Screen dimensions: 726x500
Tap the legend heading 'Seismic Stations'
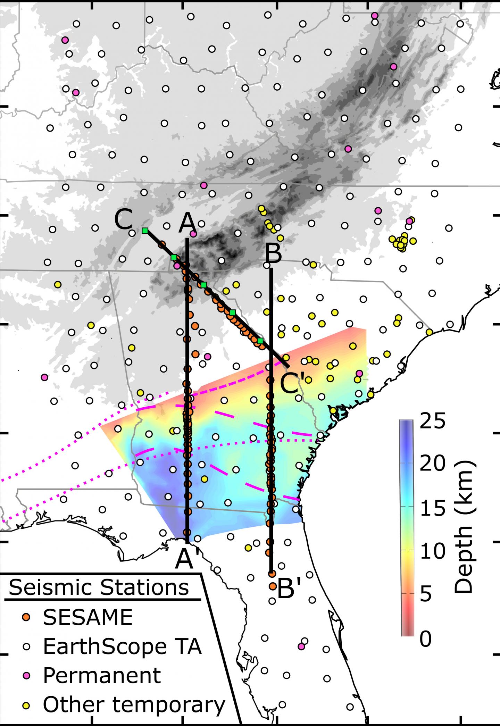pyautogui.click(x=99, y=587)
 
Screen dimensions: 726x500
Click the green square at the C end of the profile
pyautogui.click(x=145, y=231)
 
